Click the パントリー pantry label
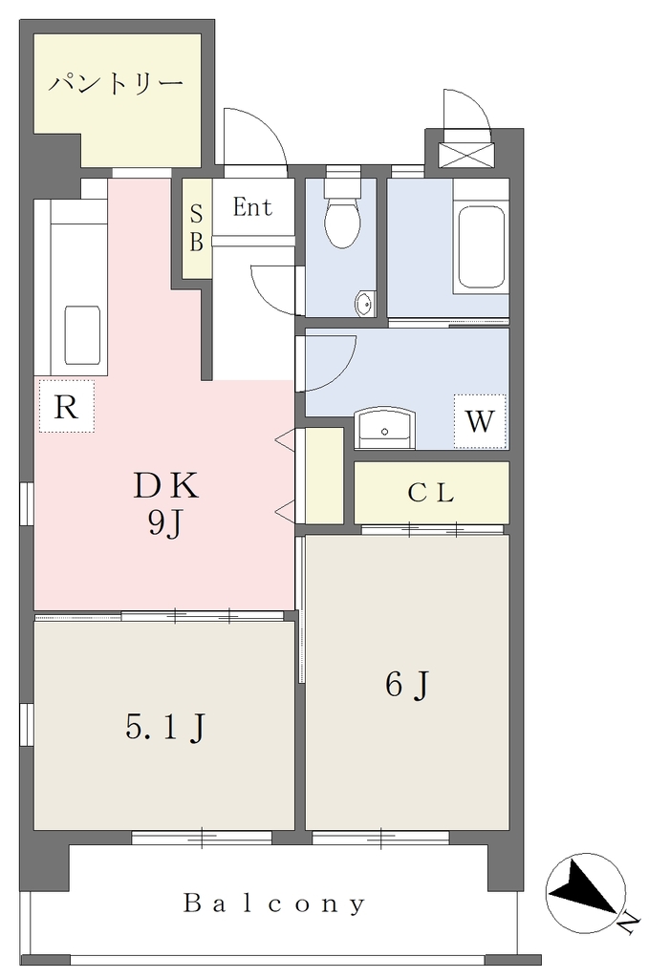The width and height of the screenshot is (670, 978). [117, 83]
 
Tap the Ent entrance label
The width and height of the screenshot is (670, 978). [252, 207]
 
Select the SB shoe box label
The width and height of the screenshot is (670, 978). [196, 228]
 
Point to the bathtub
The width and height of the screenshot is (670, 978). [481, 247]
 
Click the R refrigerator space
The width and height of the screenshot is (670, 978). [66, 406]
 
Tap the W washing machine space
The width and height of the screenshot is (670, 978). [480, 421]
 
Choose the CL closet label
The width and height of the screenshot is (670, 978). [431, 494]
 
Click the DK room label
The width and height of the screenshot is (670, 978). [166, 486]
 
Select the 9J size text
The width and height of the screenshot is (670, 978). [164, 524]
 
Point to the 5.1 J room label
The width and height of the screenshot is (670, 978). [165, 727]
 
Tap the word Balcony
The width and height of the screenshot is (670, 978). [274, 904]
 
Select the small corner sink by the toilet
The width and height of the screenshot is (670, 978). [364, 305]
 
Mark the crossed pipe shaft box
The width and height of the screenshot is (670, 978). [466, 156]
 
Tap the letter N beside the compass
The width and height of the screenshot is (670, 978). [630, 923]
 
